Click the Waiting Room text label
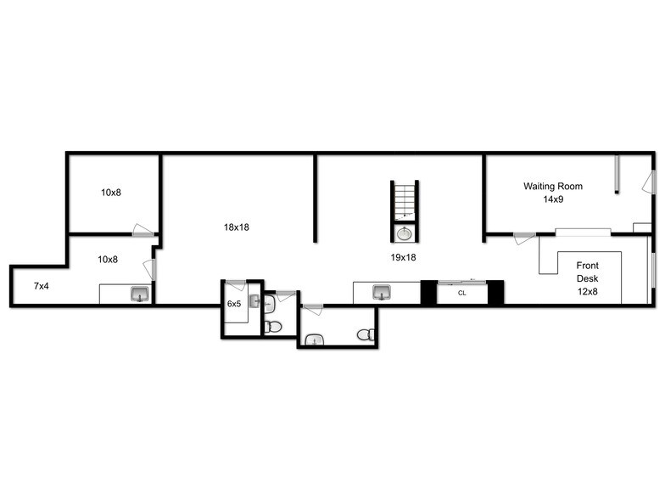[x=553, y=187]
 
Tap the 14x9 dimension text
[x=553, y=199]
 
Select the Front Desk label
[x=587, y=272]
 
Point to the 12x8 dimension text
[x=587, y=292]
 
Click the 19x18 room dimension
[x=403, y=258]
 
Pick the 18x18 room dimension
[x=236, y=227]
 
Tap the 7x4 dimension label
[x=41, y=287]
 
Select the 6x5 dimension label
[x=234, y=304]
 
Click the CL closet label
[x=461, y=293]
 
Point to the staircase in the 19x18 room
[x=405, y=201]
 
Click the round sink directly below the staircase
[x=405, y=233]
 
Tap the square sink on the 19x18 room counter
[x=382, y=292]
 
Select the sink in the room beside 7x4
[x=140, y=294]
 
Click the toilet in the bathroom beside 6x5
[x=273, y=327]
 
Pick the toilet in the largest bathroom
[x=366, y=334]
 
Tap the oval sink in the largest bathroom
[x=314, y=339]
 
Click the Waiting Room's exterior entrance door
[x=649, y=182]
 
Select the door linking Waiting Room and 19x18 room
[x=524, y=238]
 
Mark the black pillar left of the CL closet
[x=428, y=292]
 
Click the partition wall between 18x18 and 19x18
[x=316, y=199]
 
